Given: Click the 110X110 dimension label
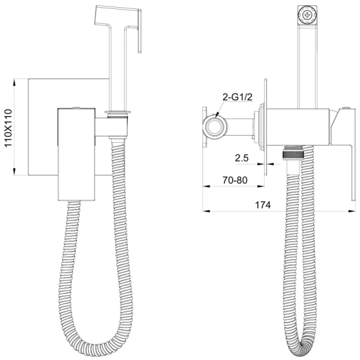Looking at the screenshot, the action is pyautogui.click(x=8, y=128).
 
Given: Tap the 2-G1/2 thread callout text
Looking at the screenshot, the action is pyautogui.click(x=238, y=97).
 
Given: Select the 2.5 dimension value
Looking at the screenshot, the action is pyautogui.click(x=242, y=158).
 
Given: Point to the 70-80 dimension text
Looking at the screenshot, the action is pyautogui.click(x=235, y=180).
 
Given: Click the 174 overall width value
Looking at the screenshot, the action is pyautogui.click(x=263, y=205).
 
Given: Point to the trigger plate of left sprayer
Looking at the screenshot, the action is pyautogui.click(x=140, y=31).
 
